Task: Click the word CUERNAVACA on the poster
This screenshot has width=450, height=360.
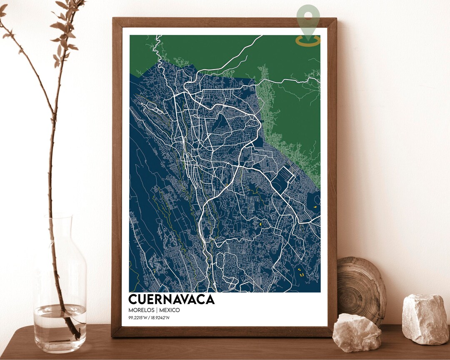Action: [x=171, y=299]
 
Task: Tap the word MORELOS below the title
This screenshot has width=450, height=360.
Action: [x=141, y=310]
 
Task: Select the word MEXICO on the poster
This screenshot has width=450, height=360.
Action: [x=170, y=310]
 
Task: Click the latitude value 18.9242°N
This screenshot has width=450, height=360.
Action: [x=164, y=318]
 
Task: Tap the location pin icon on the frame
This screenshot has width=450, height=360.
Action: [x=308, y=19]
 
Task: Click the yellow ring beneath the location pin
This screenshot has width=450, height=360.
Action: [x=308, y=41]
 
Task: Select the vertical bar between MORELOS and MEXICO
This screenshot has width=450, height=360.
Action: [x=156, y=310]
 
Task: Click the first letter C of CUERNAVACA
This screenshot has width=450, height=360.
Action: [x=133, y=299]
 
